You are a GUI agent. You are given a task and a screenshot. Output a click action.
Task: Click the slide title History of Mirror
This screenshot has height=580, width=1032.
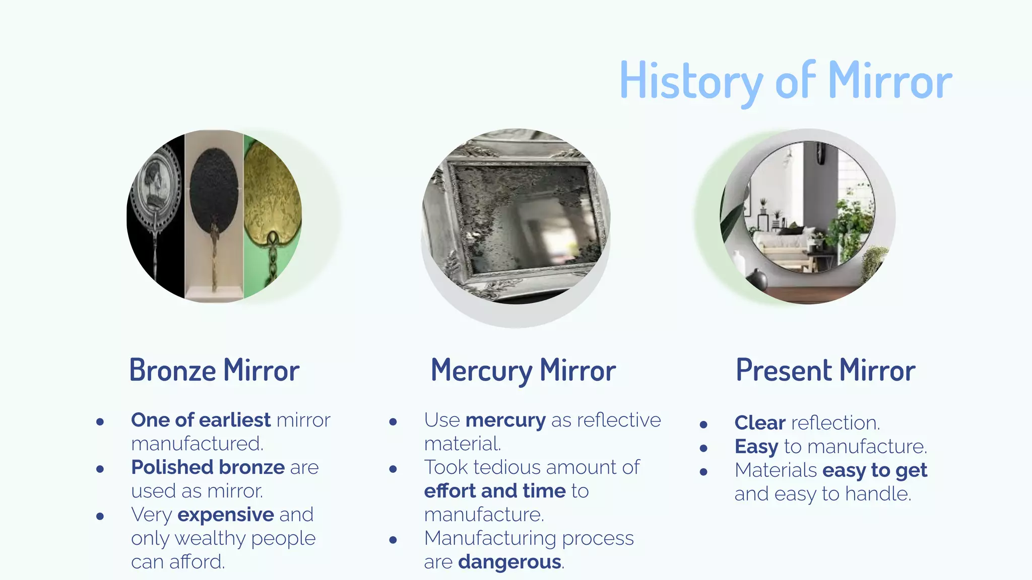[x=786, y=81]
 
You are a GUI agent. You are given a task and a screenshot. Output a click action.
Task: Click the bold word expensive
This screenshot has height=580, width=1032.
[x=226, y=515]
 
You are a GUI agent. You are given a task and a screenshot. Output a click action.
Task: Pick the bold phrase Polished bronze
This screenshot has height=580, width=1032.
[x=208, y=467]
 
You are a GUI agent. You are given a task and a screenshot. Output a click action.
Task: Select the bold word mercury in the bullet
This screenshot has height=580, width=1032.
[x=505, y=420]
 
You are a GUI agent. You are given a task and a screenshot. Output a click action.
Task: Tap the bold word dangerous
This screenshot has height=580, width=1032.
[x=509, y=562]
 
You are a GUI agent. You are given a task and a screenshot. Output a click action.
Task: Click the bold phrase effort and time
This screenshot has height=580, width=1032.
[x=495, y=491]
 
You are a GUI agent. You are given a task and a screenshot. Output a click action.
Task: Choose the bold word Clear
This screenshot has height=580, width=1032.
[x=759, y=423]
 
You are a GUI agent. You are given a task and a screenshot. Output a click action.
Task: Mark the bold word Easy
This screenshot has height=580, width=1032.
[x=756, y=447]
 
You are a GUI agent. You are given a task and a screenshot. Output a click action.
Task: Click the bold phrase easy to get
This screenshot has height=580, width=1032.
[x=874, y=470]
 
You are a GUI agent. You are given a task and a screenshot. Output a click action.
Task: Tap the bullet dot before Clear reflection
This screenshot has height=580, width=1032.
[x=703, y=424]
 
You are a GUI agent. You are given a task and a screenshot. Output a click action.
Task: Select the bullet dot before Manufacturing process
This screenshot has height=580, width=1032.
[x=393, y=540]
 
